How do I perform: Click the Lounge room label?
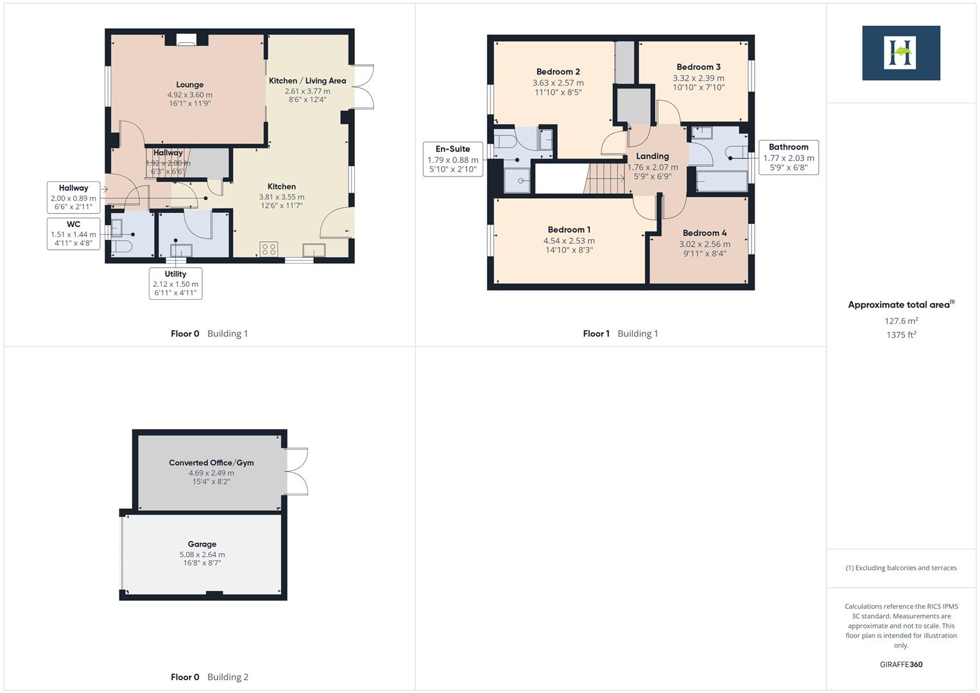[x=189, y=85]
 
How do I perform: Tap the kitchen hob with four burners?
[x=269, y=249]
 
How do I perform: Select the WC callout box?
[x=74, y=234]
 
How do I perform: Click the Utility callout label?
[x=175, y=274]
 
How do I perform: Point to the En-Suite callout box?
[x=452, y=159]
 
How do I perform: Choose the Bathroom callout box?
[x=788, y=157]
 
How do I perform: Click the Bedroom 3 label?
[x=698, y=67]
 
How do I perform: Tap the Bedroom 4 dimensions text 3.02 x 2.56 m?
[x=704, y=244]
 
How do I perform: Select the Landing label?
[x=652, y=156]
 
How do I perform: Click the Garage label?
[x=202, y=544]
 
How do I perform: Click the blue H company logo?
[x=900, y=53]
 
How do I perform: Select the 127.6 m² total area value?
[x=901, y=321]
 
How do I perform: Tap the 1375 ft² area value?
[x=901, y=335]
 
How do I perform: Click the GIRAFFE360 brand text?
[x=901, y=665]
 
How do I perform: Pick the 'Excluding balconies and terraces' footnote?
[x=901, y=568]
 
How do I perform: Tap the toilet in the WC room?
[x=121, y=247]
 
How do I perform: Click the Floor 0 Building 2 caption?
[x=209, y=677]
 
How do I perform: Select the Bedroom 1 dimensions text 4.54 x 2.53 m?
[x=569, y=241]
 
